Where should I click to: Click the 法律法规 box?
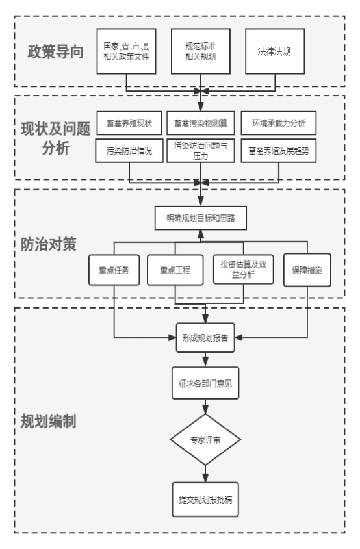275,51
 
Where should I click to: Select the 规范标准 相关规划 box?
201,51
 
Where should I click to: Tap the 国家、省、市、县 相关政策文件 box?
127,51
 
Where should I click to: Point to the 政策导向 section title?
55,52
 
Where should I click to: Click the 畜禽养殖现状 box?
129,123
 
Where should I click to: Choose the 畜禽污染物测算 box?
201,123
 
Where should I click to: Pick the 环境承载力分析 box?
279,123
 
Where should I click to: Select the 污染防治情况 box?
129,151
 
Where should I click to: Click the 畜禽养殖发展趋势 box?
279,151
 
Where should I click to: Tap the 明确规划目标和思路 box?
201,218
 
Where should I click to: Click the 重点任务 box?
114,270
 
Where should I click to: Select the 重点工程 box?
175,270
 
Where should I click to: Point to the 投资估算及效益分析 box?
244,269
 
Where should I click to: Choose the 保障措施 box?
307,270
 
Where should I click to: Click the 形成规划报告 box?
205,338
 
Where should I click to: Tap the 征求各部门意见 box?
205,383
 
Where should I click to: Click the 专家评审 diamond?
205,440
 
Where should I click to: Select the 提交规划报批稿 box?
205,500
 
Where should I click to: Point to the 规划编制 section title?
48,421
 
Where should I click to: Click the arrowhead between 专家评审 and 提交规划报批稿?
205,478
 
